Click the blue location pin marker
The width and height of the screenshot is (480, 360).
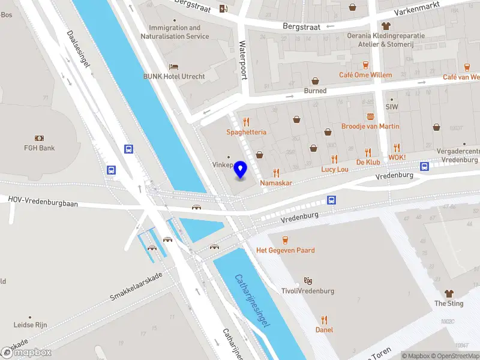(241, 170)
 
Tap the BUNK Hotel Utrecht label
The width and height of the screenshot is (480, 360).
(174, 77)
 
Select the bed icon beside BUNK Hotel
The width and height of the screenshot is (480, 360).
(174, 66)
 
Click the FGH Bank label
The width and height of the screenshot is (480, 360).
(40, 148)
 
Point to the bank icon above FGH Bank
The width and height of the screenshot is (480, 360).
(40, 138)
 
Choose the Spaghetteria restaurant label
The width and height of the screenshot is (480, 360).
(246, 132)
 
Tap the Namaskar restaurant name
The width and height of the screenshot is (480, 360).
(276, 182)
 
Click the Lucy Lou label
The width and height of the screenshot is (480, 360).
(334, 170)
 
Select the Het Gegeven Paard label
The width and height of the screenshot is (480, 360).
(286, 250)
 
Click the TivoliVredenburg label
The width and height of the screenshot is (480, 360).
(308, 291)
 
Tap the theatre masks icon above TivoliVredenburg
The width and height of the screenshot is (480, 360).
(308, 280)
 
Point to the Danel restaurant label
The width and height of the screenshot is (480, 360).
(324, 329)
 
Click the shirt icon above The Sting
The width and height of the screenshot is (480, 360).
(449, 293)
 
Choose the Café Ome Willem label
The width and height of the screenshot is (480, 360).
(365, 76)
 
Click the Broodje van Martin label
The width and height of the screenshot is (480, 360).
(370, 127)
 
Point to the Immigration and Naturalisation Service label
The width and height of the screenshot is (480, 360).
(175, 32)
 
